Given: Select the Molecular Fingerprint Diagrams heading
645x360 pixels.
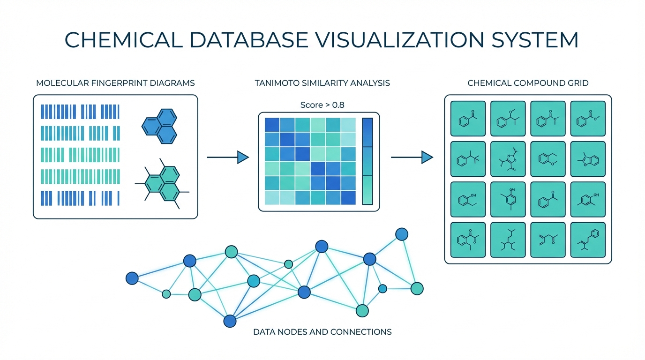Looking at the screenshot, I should tap(115, 83).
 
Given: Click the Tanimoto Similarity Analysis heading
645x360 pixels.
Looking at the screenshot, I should tap(322, 83).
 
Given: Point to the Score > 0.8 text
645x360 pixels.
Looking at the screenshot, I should tap(322, 105).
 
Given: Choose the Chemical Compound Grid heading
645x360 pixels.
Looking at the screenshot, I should tap(528, 83).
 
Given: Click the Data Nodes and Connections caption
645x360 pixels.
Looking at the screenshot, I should tap(322, 332).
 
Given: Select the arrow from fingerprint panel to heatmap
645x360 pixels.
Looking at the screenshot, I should tap(228, 157).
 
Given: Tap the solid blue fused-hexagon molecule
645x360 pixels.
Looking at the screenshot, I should tap(160, 126).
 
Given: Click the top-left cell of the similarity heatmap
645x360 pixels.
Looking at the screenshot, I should tap(272, 125).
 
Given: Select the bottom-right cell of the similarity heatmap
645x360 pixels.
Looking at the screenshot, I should tap(348, 197).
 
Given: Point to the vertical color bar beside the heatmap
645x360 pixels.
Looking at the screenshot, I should tap(367, 161).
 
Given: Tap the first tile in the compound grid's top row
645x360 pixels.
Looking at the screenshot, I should tap(468, 118).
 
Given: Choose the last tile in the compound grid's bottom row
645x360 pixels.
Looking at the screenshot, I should tap(588, 240).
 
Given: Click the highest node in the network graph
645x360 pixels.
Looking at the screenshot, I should tap(401, 234).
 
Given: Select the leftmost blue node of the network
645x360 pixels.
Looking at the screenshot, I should tap(132, 278).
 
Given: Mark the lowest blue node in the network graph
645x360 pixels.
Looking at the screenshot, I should tap(230, 321).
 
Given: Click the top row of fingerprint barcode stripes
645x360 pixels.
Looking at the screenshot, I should tap(80, 112).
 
